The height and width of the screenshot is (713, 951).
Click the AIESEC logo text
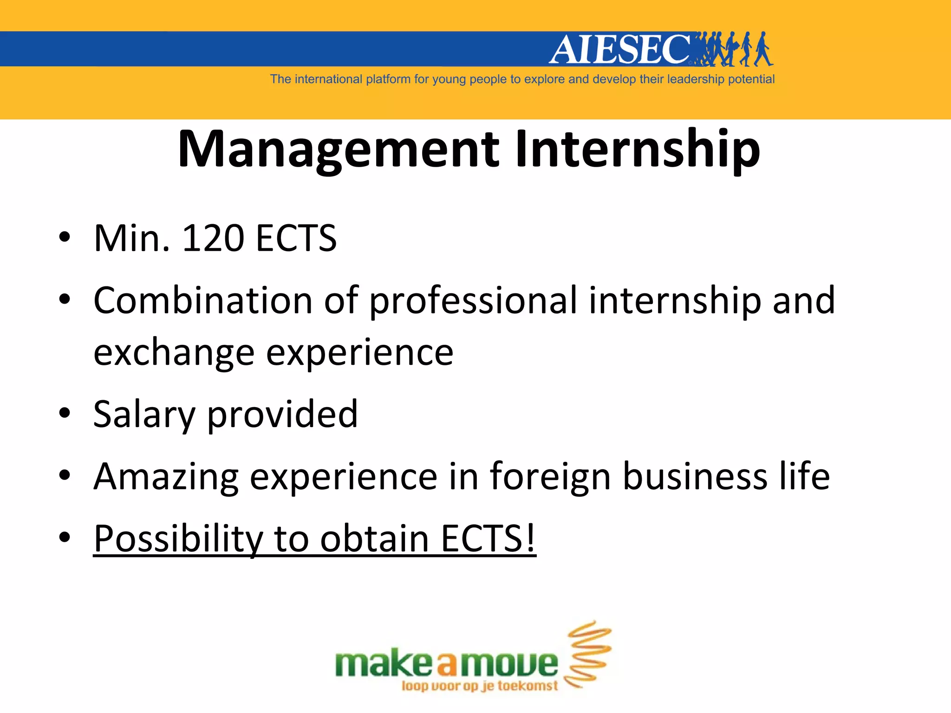coord(620,49)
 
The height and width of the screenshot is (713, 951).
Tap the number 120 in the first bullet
coord(213,238)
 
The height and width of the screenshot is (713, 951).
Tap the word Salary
coord(144,415)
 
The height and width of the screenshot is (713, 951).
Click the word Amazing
coord(166,477)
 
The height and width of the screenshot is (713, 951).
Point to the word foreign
coord(550,477)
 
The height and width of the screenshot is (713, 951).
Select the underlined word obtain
coord(374,538)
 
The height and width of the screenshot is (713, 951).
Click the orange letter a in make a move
coord(447,665)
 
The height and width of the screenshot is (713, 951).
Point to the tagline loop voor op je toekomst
coord(479,686)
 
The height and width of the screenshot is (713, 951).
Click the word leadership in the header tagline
coord(695,79)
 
